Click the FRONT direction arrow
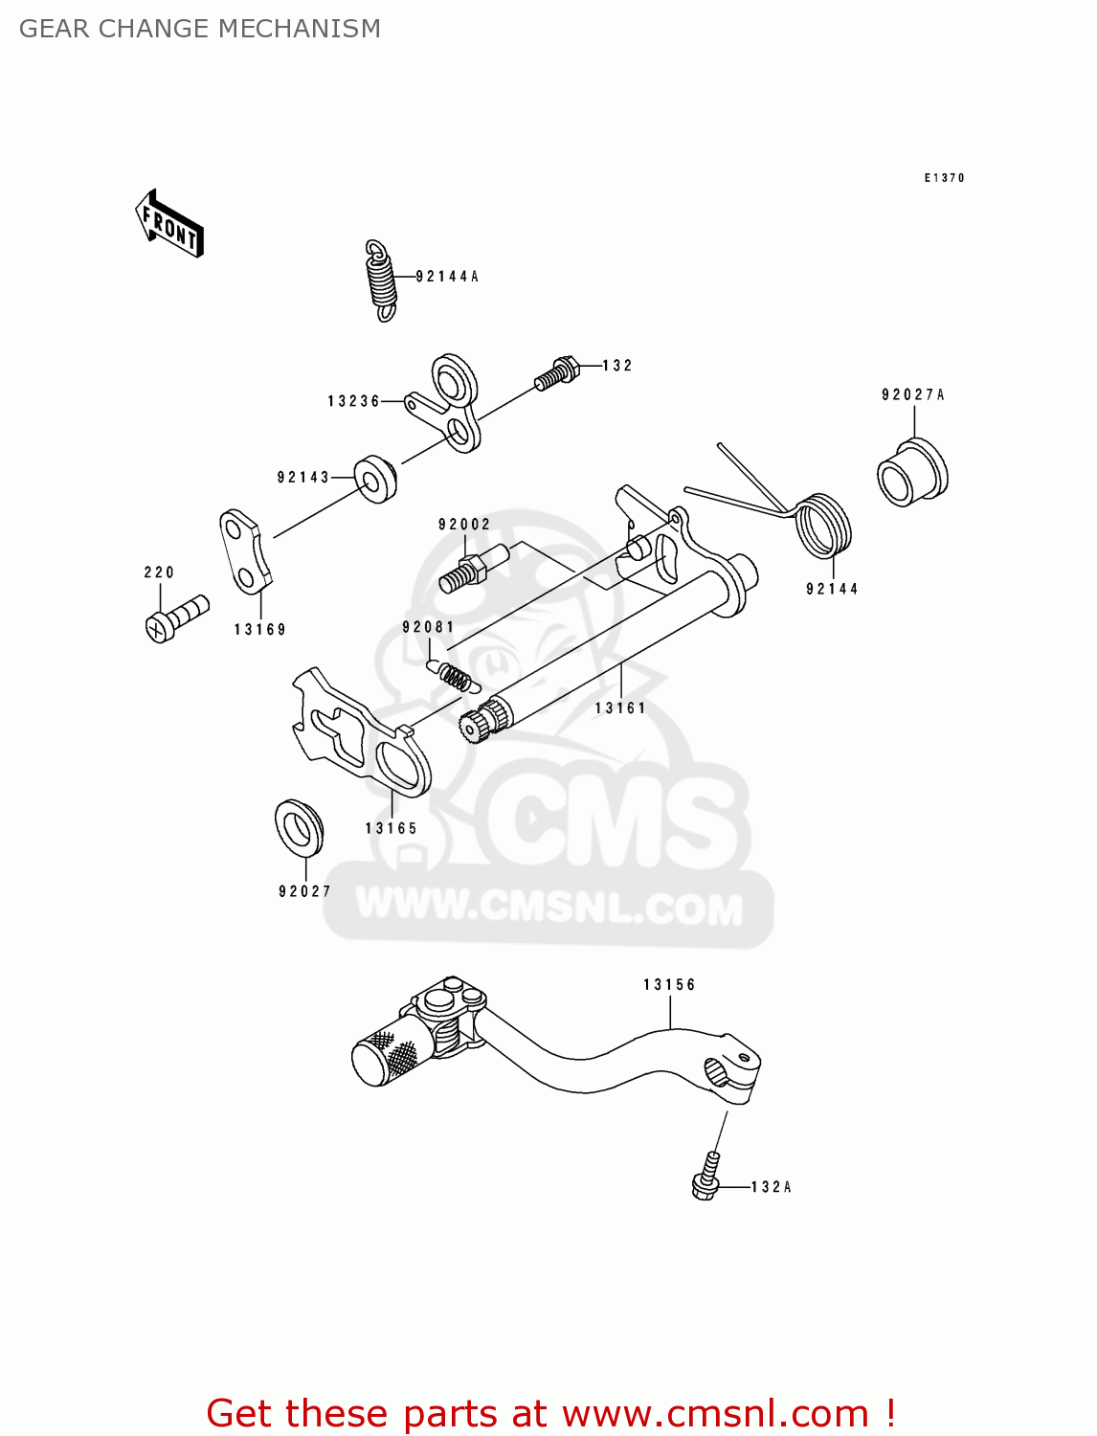[x=170, y=224]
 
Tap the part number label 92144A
[x=447, y=277]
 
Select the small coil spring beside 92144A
[x=381, y=279]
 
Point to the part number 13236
[x=353, y=401]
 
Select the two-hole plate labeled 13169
[x=243, y=552]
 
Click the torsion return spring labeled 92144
[x=822, y=526]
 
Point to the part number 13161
[x=620, y=708]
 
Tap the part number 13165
[x=391, y=828]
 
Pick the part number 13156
[x=669, y=984]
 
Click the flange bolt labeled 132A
[x=706, y=1178]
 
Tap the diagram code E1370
[x=944, y=178]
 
